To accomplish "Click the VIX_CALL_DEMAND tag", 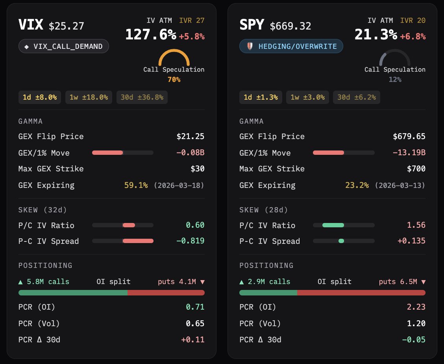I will click(x=64, y=46).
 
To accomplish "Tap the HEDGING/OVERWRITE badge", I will click(x=291, y=46).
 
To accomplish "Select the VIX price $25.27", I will click(x=66, y=26).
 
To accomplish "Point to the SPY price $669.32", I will click(x=290, y=26).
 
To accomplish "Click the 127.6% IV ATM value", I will click(x=151, y=35).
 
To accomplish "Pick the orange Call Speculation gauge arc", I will click(x=174, y=57).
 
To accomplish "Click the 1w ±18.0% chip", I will click(x=89, y=97).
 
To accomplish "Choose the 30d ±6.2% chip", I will click(x=357, y=97).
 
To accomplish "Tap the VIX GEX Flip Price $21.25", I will click(x=191, y=137).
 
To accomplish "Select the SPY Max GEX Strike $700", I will click(x=416, y=169).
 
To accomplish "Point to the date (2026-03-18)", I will click(x=179, y=186).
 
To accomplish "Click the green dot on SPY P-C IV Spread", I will click(x=341, y=241).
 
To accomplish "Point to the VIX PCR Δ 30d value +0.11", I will click(x=192, y=340).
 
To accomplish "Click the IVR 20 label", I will click(x=413, y=20).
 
